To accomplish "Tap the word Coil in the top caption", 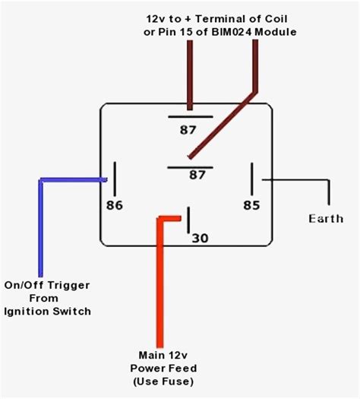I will tap(273, 16).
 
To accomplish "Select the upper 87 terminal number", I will tap(187, 129).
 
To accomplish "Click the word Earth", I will tap(325, 219).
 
